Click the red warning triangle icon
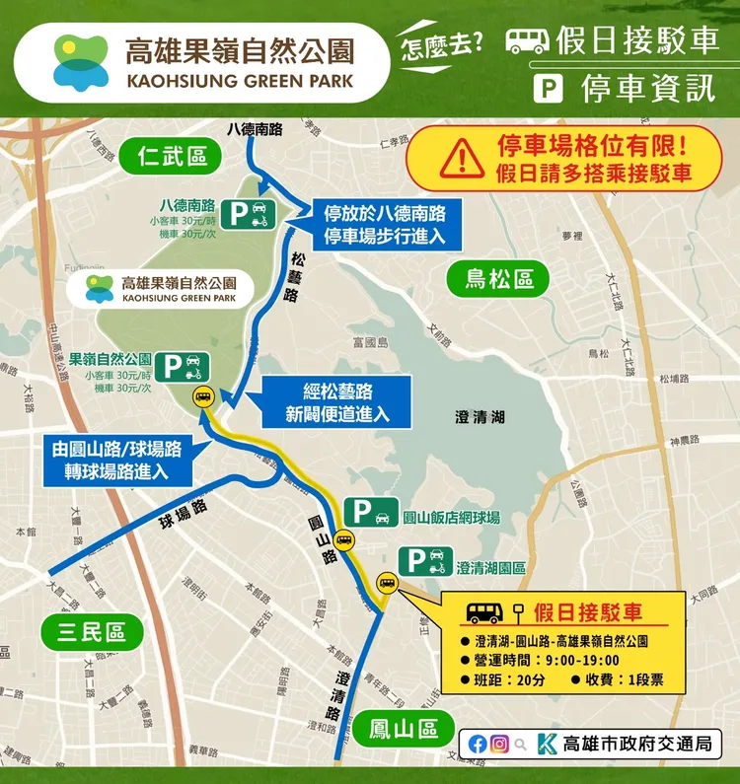(455, 158)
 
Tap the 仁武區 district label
(172, 156)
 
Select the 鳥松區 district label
(499, 279)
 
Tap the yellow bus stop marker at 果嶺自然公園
(201, 397)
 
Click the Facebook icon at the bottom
(478, 744)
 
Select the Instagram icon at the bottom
(500, 744)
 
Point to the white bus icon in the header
(527, 40)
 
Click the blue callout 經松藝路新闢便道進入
(325, 402)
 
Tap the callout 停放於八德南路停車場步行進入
(385, 224)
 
